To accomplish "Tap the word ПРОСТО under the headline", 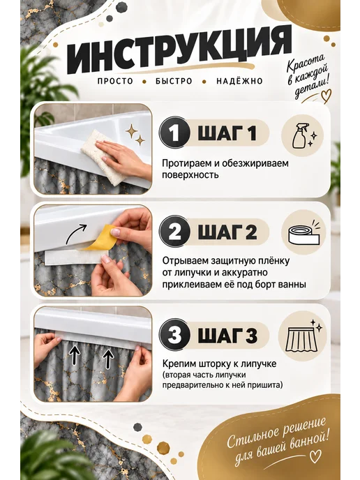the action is point(115,81).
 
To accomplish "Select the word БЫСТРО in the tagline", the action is point(174,81).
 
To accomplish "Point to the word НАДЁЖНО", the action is point(239,81).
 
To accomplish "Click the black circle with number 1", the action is point(174,133).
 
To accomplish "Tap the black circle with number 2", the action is point(174,232).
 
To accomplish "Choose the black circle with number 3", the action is point(174,335).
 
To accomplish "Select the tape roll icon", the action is point(303,235).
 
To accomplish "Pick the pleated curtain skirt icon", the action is point(303,337).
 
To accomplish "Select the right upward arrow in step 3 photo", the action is point(107,358).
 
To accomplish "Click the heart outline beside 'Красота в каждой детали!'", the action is point(325,95).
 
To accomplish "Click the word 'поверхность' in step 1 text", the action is point(190,175).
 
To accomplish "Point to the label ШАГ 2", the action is point(227,232).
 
